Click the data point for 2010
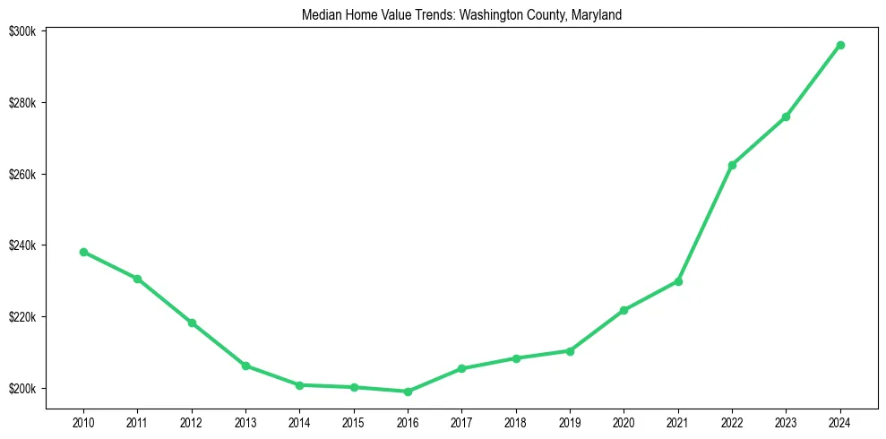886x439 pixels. (83, 252)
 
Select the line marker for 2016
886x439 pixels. (408, 392)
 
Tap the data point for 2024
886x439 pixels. (840, 45)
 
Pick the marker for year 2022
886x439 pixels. (732, 165)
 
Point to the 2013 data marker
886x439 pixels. (245, 366)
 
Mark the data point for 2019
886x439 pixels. (570, 350)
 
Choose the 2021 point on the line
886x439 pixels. (678, 281)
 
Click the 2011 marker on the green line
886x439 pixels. (137, 279)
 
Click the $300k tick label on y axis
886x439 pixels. (22, 31)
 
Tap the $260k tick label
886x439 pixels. (22, 174)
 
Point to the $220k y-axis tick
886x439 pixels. (22, 317)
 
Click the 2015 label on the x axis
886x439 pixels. (354, 421)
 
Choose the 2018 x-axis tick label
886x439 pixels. (516, 421)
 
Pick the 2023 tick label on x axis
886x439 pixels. (786, 421)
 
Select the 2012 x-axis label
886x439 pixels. (192, 421)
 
